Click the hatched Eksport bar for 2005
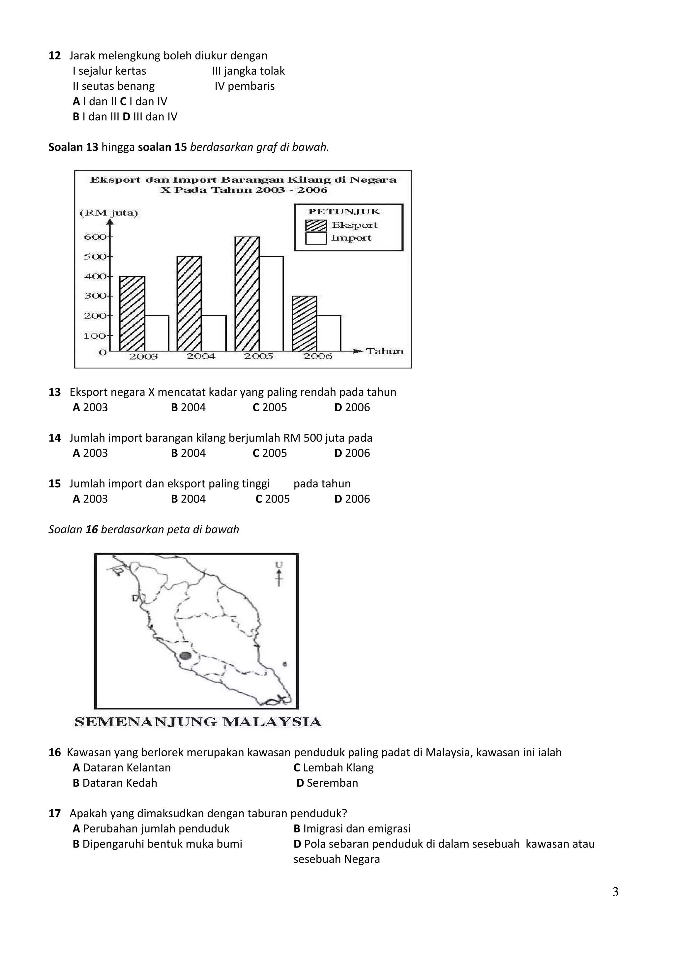(247, 294)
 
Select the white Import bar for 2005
(271, 304)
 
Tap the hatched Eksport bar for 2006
(305, 324)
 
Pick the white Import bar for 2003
(157, 333)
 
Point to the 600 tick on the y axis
(96, 237)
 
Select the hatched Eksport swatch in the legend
(316, 225)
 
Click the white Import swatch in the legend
(316, 239)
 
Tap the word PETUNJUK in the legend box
(344, 212)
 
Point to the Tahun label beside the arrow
(385, 352)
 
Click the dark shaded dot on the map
(186, 656)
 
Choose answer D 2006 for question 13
(352, 408)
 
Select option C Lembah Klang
(333, 768)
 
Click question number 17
(54, 814)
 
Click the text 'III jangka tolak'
(248, 71)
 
